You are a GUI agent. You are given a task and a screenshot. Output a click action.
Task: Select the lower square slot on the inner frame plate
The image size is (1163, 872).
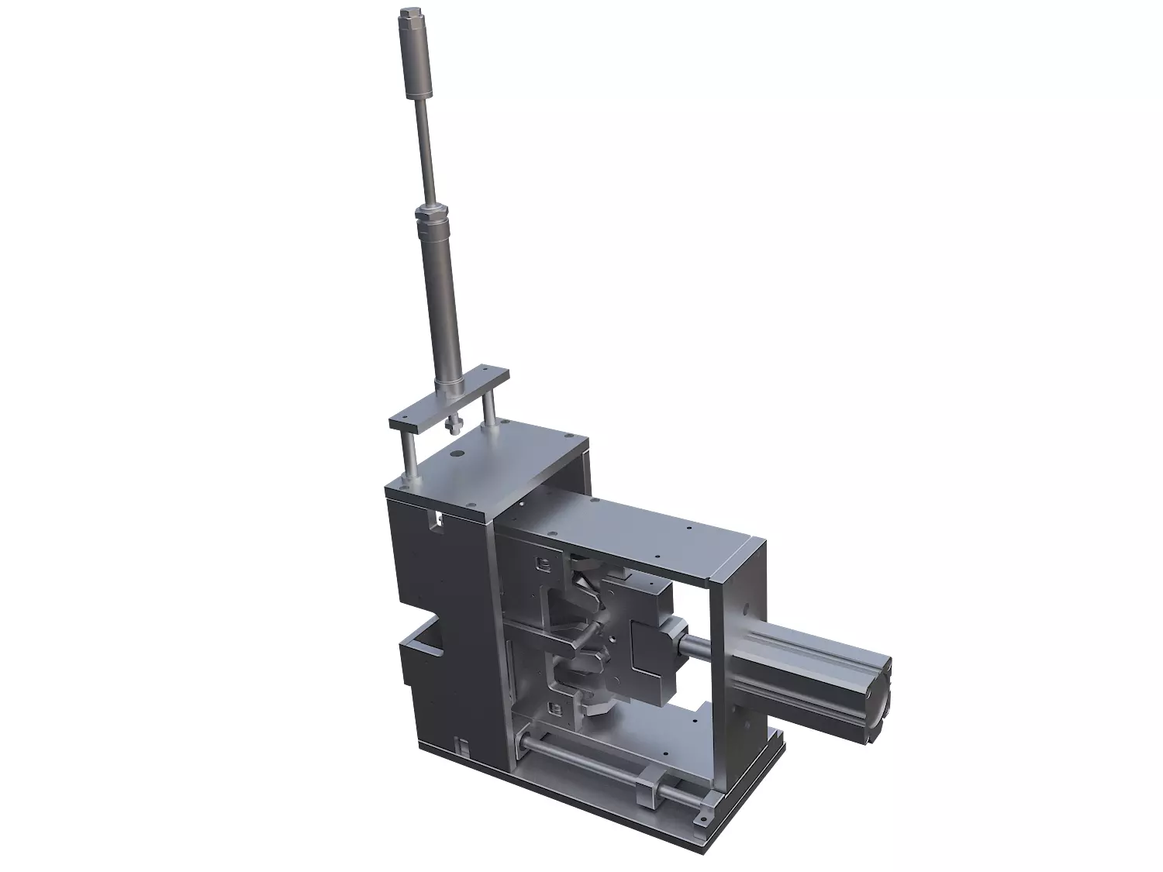pos(552,707)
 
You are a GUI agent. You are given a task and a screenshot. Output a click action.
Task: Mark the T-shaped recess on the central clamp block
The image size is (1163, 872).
pos(652,643)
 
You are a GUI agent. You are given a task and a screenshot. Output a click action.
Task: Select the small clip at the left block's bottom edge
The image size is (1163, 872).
pos(462,749)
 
